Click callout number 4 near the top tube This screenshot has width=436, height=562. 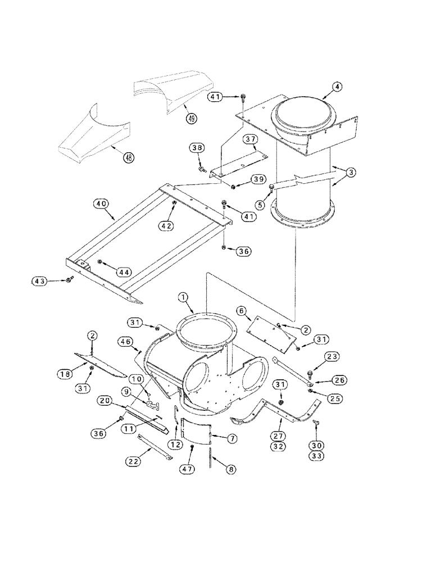[x=336, y=87]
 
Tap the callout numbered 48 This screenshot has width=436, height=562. [x=129, y=158]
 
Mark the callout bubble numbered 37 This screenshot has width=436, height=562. [x=251, y=139]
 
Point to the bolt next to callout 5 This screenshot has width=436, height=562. [x=272, y=187]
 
